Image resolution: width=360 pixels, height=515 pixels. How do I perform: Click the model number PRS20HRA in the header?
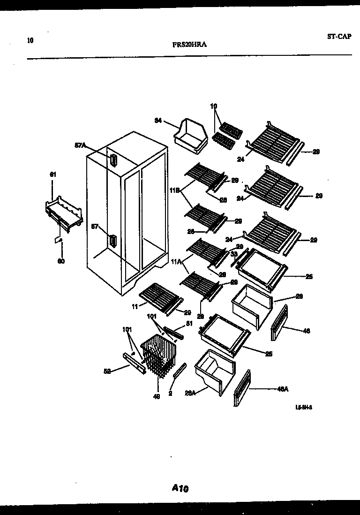click(x=190, y=45)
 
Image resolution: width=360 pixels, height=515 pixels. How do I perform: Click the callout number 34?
click(x=158, y=121)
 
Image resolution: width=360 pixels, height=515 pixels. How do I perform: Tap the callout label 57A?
click(x=81, y=146)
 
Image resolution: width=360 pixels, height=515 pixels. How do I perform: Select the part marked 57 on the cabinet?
click(x=112, y=241)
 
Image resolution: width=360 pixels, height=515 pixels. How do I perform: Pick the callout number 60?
click(x=61, y=261)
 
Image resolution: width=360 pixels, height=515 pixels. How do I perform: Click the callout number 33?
click(x=232, y=254)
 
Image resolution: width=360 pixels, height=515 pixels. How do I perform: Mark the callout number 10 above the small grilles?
click(x=214, y=106)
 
